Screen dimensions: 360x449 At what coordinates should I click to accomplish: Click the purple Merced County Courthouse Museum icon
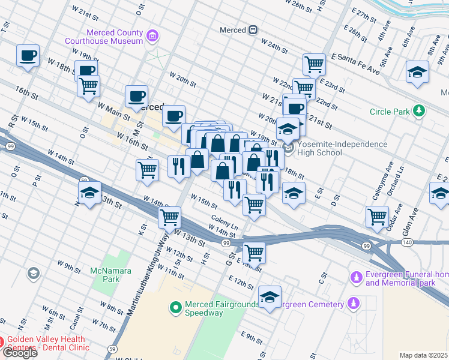point(153,37)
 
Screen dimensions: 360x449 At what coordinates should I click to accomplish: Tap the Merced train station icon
point(254,30)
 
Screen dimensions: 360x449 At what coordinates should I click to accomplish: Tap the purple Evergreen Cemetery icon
point(354,304)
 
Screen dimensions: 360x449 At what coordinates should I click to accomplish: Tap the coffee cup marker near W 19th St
point(28,56)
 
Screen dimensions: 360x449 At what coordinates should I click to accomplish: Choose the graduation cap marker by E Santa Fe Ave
point(417,73)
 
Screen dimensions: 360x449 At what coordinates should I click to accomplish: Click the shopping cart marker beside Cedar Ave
point(377,217)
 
